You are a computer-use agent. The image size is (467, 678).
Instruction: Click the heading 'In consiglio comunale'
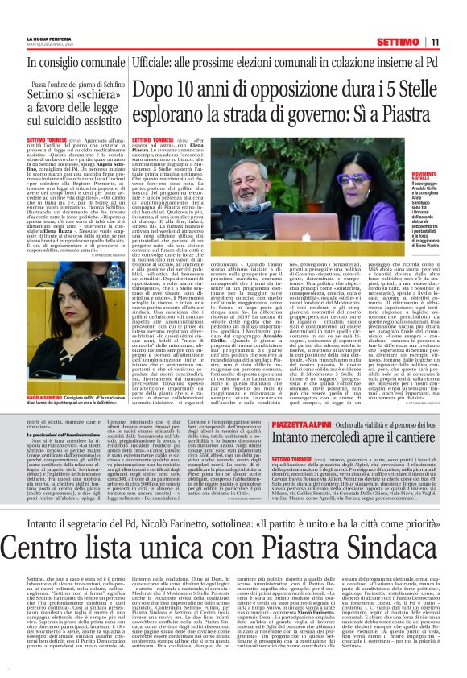pos(76,62)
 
